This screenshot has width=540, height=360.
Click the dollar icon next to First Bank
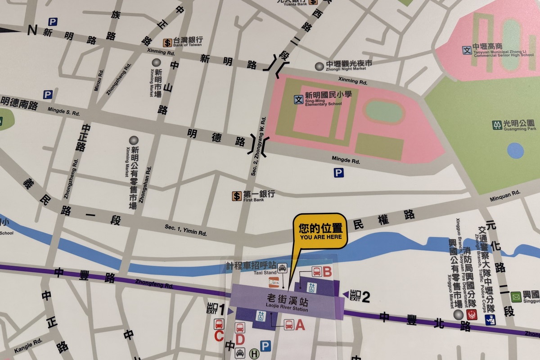[237, 196]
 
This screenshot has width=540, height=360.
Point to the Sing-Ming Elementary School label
[323, 98]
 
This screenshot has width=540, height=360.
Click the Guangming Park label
[518, 125]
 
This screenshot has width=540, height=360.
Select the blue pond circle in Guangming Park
[515, 151]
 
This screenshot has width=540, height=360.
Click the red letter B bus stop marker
[327, 271]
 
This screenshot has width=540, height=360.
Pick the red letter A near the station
[300, 324]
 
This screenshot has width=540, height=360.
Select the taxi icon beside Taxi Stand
[282, 269]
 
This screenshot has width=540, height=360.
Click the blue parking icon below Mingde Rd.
[338, 173]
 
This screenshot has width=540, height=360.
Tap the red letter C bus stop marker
[219, 335]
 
